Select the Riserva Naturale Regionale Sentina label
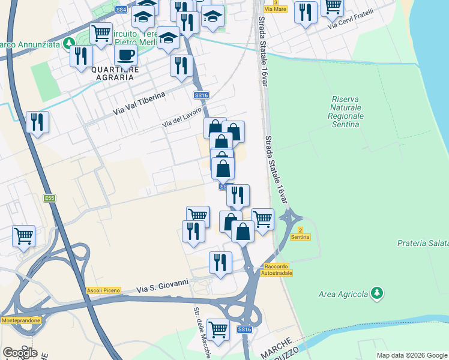click(348, 112)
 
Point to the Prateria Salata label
click(423, 243)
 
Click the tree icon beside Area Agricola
click(377, 293)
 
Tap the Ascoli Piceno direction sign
click(103, 290)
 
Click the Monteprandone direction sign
click(21, 320)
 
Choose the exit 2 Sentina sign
click(300, 234)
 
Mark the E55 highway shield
click(49, 197)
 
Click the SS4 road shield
click(121, 10)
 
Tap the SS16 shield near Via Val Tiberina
click(201, 95)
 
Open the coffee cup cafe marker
click(125, 55)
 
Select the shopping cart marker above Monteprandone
click(23, 235)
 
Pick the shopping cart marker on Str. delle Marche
click(218, 329)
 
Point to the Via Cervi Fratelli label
click(351, 20)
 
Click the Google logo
click(20, 352)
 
